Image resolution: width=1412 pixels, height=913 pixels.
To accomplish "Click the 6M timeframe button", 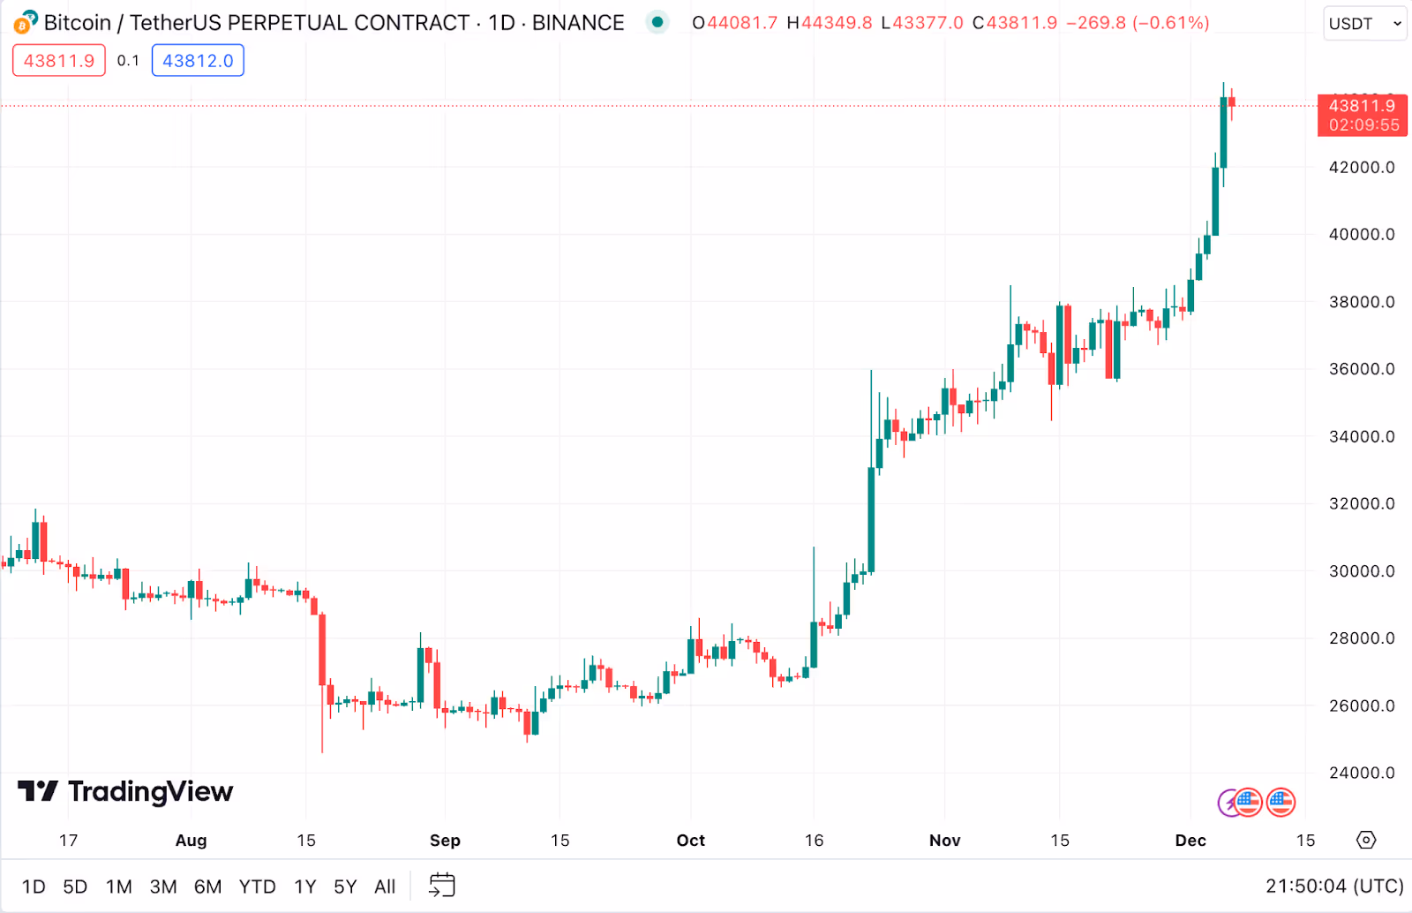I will pyautogui.click(x=207, y=887).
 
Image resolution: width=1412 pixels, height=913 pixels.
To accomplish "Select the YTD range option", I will pyautogui.click(x=257, y=887).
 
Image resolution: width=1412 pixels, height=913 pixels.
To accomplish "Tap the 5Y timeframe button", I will pyautogui.click(x=345, y=887).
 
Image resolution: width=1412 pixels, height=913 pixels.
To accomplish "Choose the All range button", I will pyautogui.click(x=385, y=887).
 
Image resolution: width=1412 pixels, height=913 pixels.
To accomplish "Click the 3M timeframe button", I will pyautogui.click(x=163, y=887).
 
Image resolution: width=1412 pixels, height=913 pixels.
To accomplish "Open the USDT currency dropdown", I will pyautogui.click(x=1364, y=24).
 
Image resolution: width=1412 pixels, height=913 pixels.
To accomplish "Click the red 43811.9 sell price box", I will pyautogui.click(x=59, y=61).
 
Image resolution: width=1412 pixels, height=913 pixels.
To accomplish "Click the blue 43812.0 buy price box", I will pyautogui.click(x=198, y=61).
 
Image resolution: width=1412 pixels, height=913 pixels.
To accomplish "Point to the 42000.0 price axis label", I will pyautogui.click(x=1362, y=168).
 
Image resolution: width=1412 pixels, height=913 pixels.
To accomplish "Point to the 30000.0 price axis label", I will pyautogui.click(x=1362, y=571).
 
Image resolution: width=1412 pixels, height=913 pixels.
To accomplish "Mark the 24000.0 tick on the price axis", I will pyautogui.click(x=1362, y=773).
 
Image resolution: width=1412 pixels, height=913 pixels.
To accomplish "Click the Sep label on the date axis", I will pyautogui.click(x=445, y=841).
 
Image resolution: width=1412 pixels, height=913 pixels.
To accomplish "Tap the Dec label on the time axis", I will pyautogui.click(x=1190, y=841).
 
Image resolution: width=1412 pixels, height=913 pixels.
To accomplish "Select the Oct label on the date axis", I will pyautogui.click(x=691, y=841).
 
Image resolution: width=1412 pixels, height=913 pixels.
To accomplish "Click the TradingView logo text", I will pyautogui.click(x=150, y=792).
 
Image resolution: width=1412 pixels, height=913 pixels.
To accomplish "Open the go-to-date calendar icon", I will pyautogui.click(x=442, y=886).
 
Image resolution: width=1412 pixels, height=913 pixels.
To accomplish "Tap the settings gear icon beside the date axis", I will pyautogui.click(x=1366, y=840).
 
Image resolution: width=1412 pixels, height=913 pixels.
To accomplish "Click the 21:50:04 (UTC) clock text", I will pyautogui.click(x=1333, y=887).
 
